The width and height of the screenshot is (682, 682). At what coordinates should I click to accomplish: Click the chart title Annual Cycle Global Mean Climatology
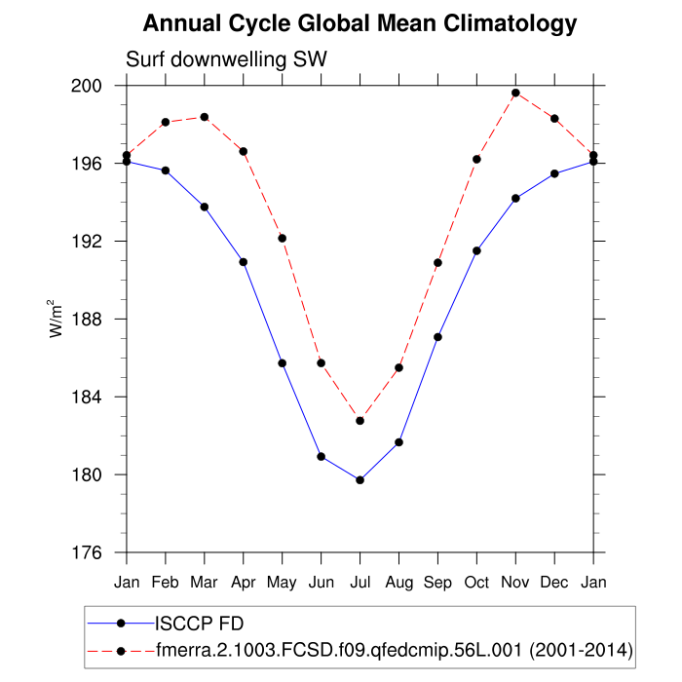click(x=360, y=23)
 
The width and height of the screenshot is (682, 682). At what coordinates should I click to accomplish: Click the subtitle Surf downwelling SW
click(x=226, y=59)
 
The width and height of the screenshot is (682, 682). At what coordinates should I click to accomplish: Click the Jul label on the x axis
click(x=360, y=582)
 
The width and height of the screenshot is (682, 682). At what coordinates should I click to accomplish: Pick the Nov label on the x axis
click(x=515, y=582)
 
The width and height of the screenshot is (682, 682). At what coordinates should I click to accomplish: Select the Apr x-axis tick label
click(x=243, y=582)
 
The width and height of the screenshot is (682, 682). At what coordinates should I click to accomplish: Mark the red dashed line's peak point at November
click(x=515, y=93)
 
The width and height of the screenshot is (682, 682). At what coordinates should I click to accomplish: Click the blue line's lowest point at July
click(x=360, y=480)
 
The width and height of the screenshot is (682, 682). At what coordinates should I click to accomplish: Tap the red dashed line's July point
click(x=360, y=421)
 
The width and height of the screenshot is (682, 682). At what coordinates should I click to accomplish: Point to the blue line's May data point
click(x=283, y=363)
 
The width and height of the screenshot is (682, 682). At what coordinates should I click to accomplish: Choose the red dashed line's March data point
click(x=205, y=117)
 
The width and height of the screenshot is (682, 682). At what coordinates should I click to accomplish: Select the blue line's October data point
click(x=476, y=250)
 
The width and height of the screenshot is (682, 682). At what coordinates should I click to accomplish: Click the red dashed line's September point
click(x=437, y=263)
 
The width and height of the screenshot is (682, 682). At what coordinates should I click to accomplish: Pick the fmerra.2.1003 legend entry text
click(x=395, y=648)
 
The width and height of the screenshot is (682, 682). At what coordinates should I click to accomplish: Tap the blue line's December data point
click(x=554, y=173)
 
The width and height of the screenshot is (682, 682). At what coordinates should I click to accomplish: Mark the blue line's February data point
click(x=166, y=170)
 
